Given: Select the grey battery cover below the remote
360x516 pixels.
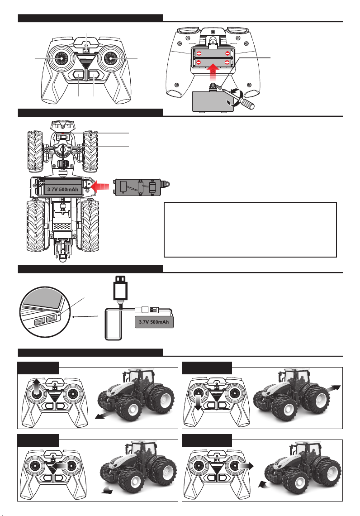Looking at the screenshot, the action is (213, 101).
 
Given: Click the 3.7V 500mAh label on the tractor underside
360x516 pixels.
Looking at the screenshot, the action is (63, 189).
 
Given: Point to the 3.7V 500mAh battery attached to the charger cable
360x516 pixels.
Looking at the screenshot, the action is (154, 322).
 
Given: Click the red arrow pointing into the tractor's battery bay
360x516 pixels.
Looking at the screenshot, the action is (100, 186).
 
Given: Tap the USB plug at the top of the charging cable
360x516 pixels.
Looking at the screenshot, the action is (120, 289).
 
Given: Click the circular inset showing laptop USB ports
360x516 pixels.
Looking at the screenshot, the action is (45, 312).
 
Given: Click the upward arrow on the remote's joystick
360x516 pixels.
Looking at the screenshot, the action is (37, 385).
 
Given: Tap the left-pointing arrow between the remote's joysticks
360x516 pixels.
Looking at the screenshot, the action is (60, 466).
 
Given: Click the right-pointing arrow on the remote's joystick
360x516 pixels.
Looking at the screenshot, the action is (246, 466).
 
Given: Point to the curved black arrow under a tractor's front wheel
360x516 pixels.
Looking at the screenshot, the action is (107, 490).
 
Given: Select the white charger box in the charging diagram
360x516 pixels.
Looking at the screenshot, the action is (114, 324).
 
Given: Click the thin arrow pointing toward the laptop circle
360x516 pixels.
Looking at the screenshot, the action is (85, 316).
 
